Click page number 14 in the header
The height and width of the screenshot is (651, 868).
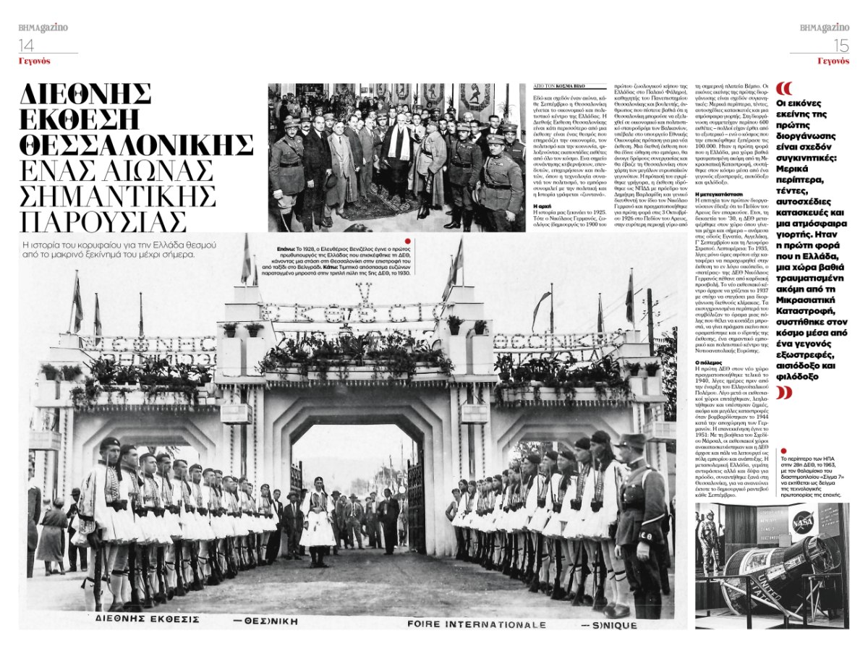[x=27, y=44]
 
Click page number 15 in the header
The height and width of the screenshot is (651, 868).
[x=841, y=45]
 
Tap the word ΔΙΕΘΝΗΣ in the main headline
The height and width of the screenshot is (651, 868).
[x=85, y=93]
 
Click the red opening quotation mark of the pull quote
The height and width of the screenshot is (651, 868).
[x=783, y=88]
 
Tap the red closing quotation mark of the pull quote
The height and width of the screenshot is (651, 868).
[x=783, y=393]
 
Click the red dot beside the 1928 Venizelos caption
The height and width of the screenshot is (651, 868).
[x=408, y=242]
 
